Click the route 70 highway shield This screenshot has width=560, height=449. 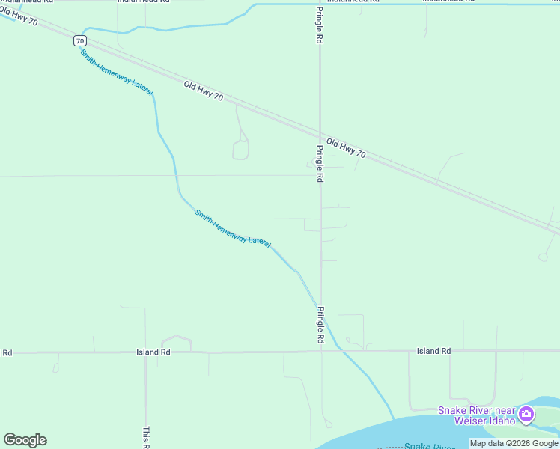click(x=79, y=40)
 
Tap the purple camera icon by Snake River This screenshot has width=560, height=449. click(x=526, y=414)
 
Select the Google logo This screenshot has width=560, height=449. click(x=25, y=440)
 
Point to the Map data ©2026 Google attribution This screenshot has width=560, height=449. click(x=514, y=443)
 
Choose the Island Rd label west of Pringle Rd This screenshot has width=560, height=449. click(x=153, y=352)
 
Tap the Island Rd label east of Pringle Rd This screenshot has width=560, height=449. click(x=434, y=351)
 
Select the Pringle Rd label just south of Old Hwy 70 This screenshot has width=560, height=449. click(x=320, y=164)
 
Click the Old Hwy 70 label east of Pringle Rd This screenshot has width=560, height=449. click(x=347, y=147)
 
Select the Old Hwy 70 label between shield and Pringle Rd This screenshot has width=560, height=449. click(x=203, y=91)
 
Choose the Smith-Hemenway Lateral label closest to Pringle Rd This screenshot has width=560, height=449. click(x=233, y=228)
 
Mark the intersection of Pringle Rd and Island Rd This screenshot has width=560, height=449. click(x=321, y=351)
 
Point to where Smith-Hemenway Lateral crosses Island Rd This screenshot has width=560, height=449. click(x=339, y=350)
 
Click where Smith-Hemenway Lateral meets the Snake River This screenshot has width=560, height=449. click(x=394, y=419)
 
